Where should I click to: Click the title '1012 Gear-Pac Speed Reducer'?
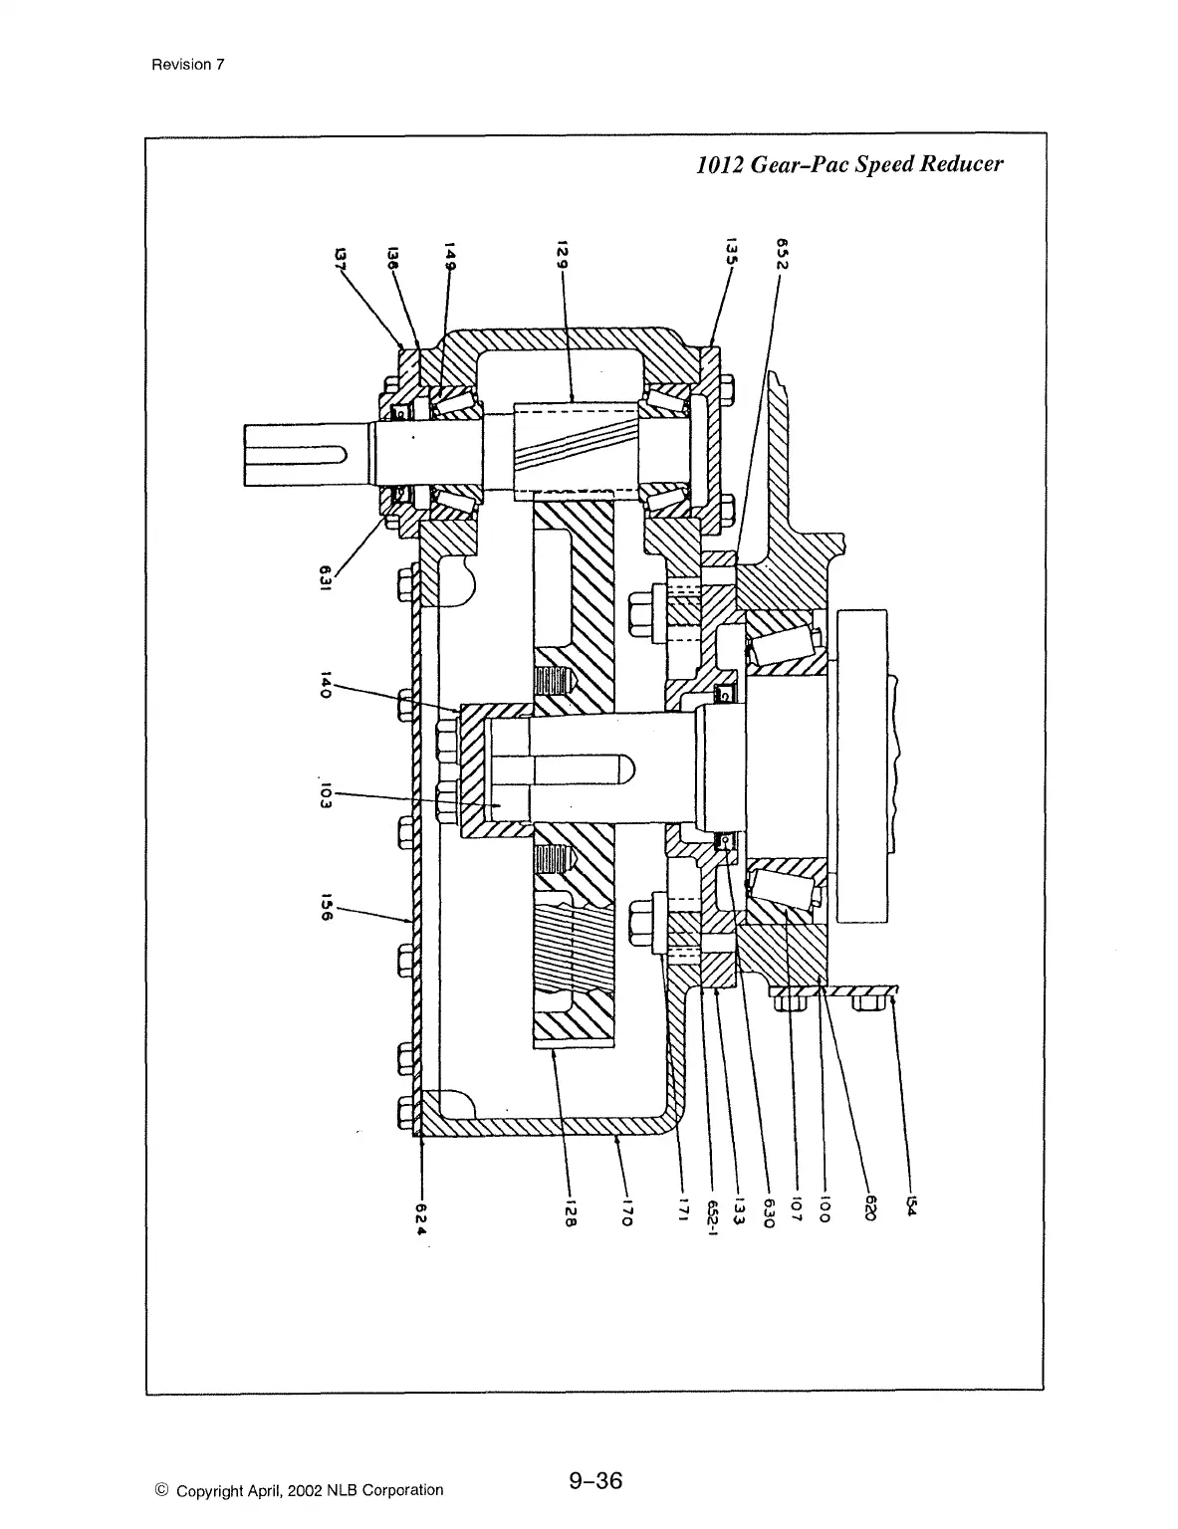pos(848,164)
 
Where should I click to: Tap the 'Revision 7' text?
pos(188,65)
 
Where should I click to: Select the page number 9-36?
pos(595,1481)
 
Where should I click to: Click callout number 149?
pos(450,255)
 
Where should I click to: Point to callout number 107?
pos(795,1208)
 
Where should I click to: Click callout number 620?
pos(869,1210)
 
